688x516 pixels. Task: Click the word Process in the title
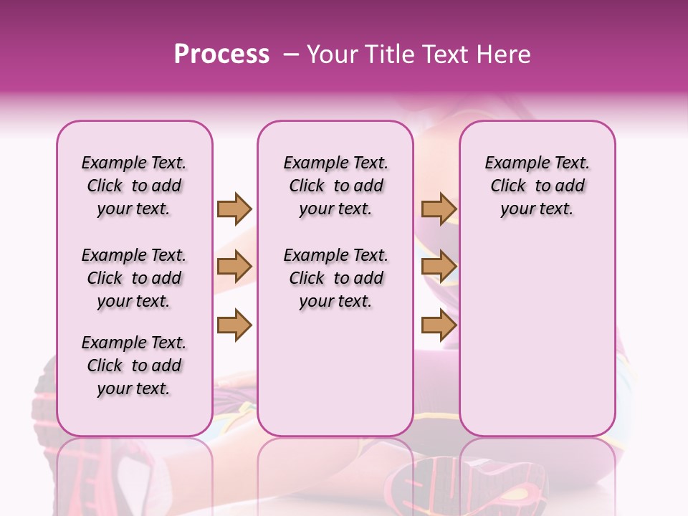click(x=221, y=54)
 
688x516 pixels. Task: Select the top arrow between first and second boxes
click(x=234, y=209)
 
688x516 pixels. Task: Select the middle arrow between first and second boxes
click(x=234, y=267)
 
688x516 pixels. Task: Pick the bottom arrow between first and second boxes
click(x=234, y=325)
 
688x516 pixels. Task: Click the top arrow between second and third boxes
click(x=439, y=209)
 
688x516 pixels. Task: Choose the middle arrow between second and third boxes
click(x=439, y=267)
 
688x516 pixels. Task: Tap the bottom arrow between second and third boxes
click(x=439, y=325)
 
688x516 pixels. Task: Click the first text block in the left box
click(x=134, y=186)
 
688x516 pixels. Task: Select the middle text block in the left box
click(x=134, y=278)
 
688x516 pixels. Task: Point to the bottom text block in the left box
click(x=134, y=365)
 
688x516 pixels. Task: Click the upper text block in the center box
click(x=335, y=186)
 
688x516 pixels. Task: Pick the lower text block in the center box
click(x=335, y=278)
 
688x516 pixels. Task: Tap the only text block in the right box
click(x=537, y=186)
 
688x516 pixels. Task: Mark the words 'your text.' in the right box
click(x=537, y=209)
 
